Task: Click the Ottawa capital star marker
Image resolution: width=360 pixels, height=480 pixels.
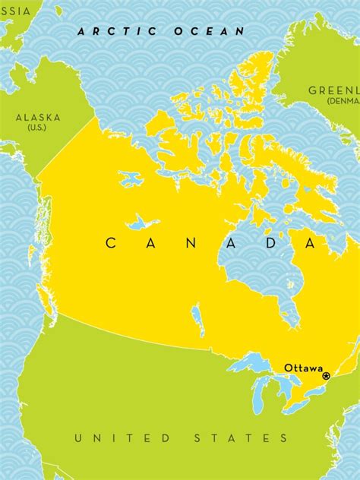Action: pyautogui.click(x=327, y=375)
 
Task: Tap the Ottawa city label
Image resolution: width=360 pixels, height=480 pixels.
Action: pyautogui.click(x=303, y=368)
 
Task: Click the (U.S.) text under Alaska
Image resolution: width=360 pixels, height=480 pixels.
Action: pyautogui.click(x=36, y=128)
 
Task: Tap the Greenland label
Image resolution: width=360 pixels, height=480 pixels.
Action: pyautogui.click(x=334, y=90)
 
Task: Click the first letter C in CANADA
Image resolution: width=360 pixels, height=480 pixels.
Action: pyautogui.click(x=110, y=243)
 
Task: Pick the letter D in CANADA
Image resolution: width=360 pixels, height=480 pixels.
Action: pyautogui.click(x=271, y=243)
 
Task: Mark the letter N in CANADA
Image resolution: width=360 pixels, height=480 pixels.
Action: pyautogui.click(x=191, y=243)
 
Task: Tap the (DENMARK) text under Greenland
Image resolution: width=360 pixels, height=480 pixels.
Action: pyautogui.click(x=343, y=101)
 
